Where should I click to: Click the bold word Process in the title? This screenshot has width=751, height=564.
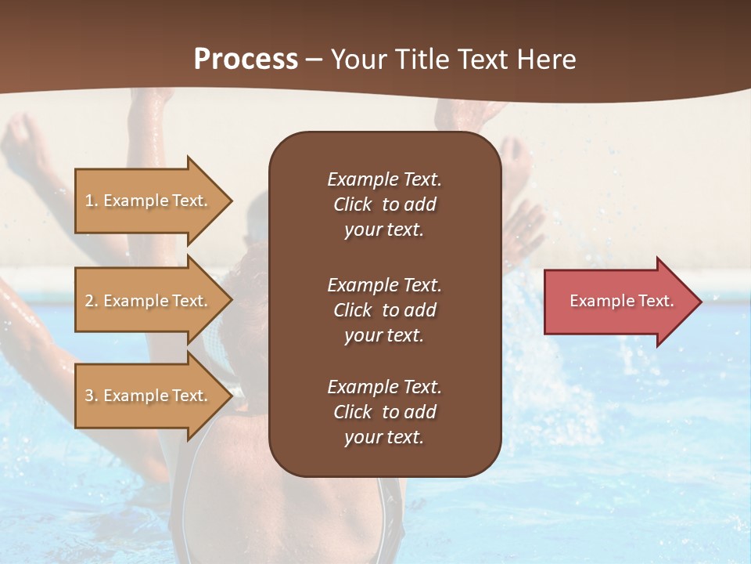246,60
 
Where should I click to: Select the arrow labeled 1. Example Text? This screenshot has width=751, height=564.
149,201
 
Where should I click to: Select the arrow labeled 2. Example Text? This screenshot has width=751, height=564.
149,301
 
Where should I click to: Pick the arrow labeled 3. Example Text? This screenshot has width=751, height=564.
149,396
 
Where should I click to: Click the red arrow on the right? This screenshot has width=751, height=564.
618,301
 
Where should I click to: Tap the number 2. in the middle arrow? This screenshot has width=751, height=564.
92,301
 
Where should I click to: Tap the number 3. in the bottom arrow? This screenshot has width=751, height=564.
92,396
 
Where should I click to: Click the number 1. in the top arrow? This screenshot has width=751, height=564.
91,201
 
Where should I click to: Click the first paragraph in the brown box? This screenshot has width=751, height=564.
384,204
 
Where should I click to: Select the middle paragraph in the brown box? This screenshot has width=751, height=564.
384,310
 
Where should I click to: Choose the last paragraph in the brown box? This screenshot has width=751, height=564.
384,412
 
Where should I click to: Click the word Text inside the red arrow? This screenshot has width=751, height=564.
656,301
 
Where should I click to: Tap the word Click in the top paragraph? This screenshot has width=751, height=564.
353,204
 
